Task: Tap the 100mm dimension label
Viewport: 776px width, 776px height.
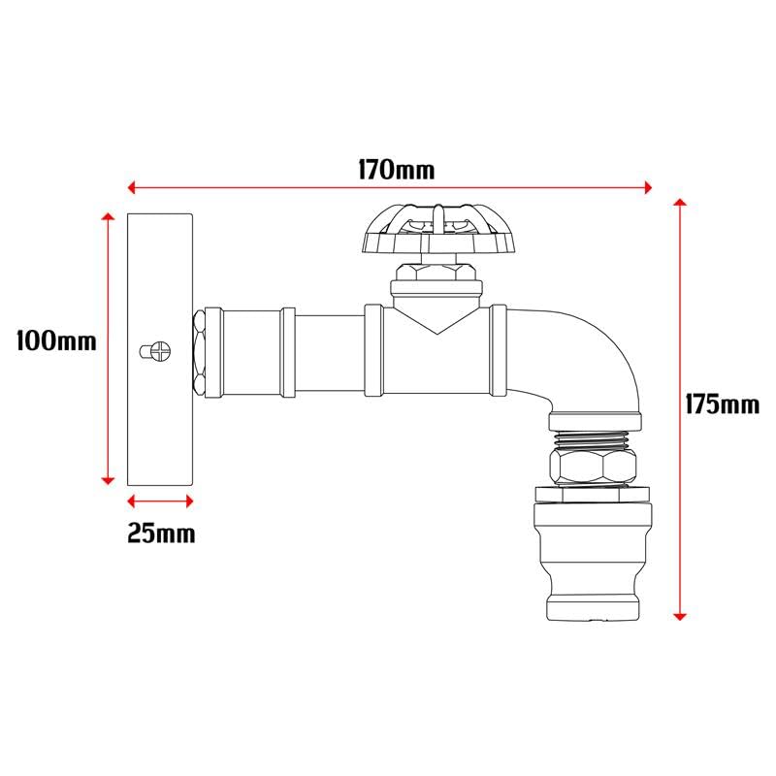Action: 57,340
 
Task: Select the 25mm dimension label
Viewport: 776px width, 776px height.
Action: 161,533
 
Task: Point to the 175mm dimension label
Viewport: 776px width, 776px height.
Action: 723,404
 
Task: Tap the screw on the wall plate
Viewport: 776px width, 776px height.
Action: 155,348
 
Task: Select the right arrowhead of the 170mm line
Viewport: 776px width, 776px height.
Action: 650,185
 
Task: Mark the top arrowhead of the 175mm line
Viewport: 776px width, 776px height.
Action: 681,203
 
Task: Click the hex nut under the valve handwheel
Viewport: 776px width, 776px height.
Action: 436,269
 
